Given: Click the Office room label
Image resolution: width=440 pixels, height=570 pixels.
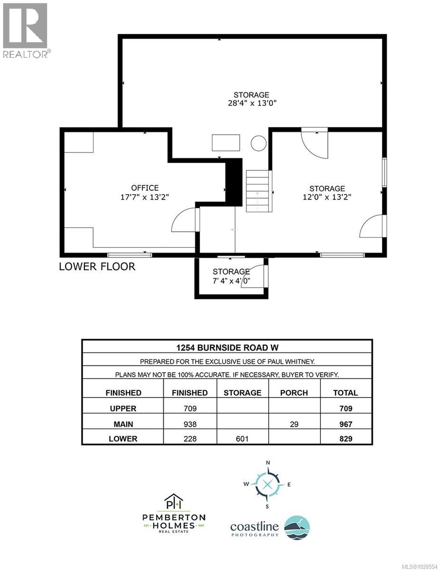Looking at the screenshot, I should coord(145,188).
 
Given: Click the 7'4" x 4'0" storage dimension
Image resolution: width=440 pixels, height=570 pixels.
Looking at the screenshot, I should coord(231,280).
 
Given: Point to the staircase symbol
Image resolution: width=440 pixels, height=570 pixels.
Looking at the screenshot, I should coord(258,191).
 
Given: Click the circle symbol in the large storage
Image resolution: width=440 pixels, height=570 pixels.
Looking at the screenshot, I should coord(258,142).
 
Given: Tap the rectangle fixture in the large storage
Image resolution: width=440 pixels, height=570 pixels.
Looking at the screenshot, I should coord(226,142).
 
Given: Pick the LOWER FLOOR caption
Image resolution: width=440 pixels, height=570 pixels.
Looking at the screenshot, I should coord(97,266).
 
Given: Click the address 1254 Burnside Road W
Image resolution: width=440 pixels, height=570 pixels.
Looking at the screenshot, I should coord(227,347).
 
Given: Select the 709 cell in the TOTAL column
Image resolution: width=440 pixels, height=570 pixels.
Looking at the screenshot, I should coord(346,408).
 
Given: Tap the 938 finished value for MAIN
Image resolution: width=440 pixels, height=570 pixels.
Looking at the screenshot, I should coord(190,423).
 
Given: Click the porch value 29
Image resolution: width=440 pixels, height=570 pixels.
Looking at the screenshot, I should coord(294,423).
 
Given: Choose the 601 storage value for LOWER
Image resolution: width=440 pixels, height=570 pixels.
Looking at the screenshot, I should coord(242,438).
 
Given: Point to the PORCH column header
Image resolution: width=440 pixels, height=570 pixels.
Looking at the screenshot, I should coord(294,393).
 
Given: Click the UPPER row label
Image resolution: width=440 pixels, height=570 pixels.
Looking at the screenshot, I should coord(123,408).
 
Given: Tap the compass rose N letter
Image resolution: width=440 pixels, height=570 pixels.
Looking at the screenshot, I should coord(267,463).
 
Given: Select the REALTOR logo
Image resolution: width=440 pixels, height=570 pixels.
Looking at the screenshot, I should coord(25,30).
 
